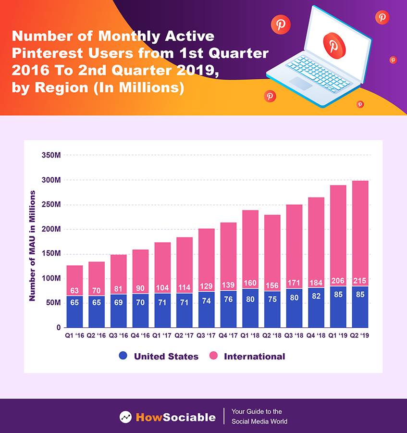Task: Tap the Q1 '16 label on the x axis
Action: (74, 335)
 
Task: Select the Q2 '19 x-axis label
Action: (360, 335)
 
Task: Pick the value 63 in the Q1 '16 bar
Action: (74, 290)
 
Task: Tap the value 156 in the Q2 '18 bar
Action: (272, 285)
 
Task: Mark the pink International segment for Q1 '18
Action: (250, 245)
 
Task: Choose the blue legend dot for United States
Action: (123, 356)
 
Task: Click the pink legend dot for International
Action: (214, 356)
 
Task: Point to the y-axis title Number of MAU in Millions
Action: (33, 246)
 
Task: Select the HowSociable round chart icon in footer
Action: (125, 417)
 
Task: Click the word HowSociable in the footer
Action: (175, 417)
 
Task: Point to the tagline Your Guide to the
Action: (257, 412)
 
